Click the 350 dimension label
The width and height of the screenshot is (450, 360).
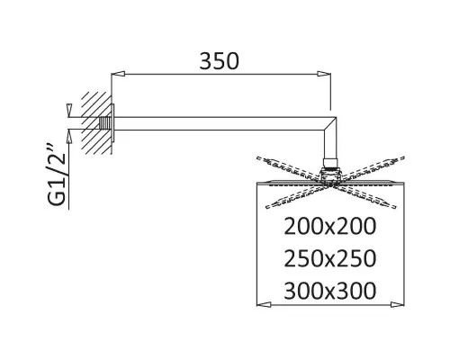click(x=220, y=61)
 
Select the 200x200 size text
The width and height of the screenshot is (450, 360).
click(x=329, y=226)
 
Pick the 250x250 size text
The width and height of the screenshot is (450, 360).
click(x=329, y=258)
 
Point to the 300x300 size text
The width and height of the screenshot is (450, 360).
click(x=329, y=291)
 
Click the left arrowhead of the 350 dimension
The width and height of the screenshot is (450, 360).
click(x=118, y=74)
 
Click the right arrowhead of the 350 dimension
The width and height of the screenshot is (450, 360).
click(x=324, y=74)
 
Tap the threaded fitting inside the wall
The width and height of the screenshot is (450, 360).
click(x=104, y=123)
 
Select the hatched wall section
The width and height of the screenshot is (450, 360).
click(x=96, y=123)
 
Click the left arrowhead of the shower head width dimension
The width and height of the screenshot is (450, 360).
click(x=264, y=304)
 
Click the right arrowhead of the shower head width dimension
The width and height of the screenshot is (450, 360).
click(x=397, y=304)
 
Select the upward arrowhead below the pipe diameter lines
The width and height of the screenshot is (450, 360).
click(x=69, y=136)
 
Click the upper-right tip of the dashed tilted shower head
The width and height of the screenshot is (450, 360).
click(x=403, y=157)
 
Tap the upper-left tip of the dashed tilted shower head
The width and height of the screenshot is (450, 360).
click(x=257, y=157)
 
